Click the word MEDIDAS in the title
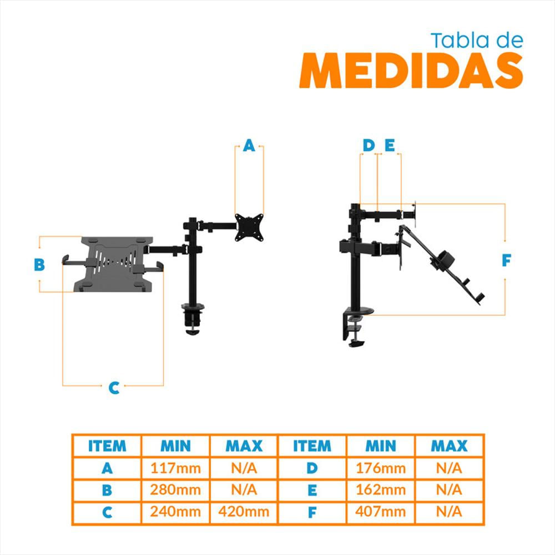(x=411, y=70)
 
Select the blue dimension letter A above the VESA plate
(x=249, y=145)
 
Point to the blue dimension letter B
(x=39, y=264)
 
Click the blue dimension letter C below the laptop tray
(x=114, y=388)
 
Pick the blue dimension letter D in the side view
(x=369, y=145)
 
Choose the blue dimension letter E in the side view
(x=390, y=145)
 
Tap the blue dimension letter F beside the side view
(x=507, y=260)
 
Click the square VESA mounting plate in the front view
(x=249, y=228)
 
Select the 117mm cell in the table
(x=175, y=468)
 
